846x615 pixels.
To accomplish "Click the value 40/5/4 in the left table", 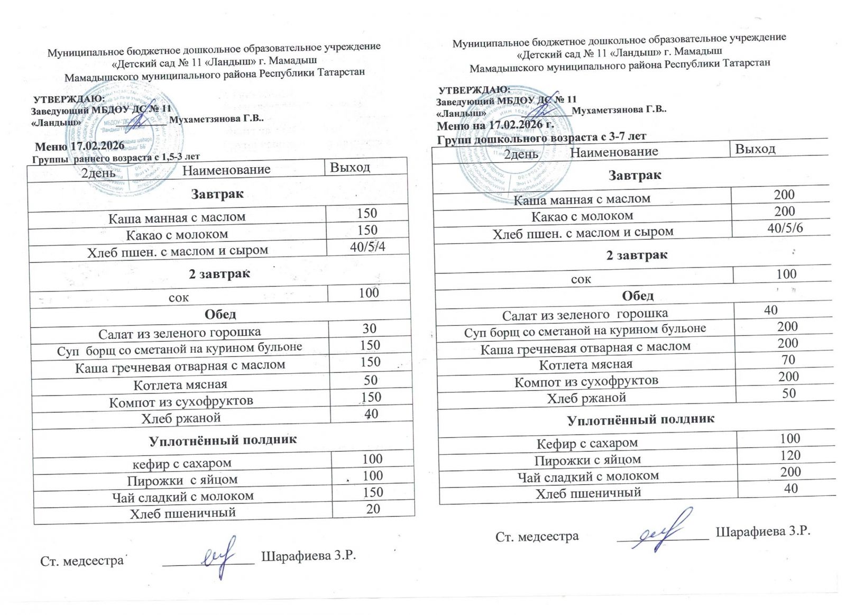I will coord(367,247).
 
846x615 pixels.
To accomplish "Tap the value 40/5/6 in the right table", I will coord(785,228).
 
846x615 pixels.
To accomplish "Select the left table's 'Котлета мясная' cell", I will coord(180,384).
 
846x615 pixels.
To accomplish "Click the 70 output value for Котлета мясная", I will coord(788,360).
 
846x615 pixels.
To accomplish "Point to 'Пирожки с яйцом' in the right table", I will coord(587,460).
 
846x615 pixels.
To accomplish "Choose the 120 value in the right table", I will coord(790,455).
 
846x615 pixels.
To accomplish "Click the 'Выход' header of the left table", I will coord(350,168).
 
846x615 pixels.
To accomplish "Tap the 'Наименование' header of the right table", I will coord(614,152).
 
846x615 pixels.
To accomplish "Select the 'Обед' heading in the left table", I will coord(220,314).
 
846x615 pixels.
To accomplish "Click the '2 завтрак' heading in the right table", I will coord(637,255).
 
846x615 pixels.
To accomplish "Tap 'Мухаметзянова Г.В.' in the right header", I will coord(619,110).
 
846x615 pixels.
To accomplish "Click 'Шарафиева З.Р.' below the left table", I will coord(309,556).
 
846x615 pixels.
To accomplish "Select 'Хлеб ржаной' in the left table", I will coord(181,418).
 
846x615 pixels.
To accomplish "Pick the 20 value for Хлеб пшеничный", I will coord(373,509).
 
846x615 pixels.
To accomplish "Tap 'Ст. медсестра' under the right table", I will coord(537,537).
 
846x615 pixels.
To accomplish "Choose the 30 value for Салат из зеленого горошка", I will coord(369,328).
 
